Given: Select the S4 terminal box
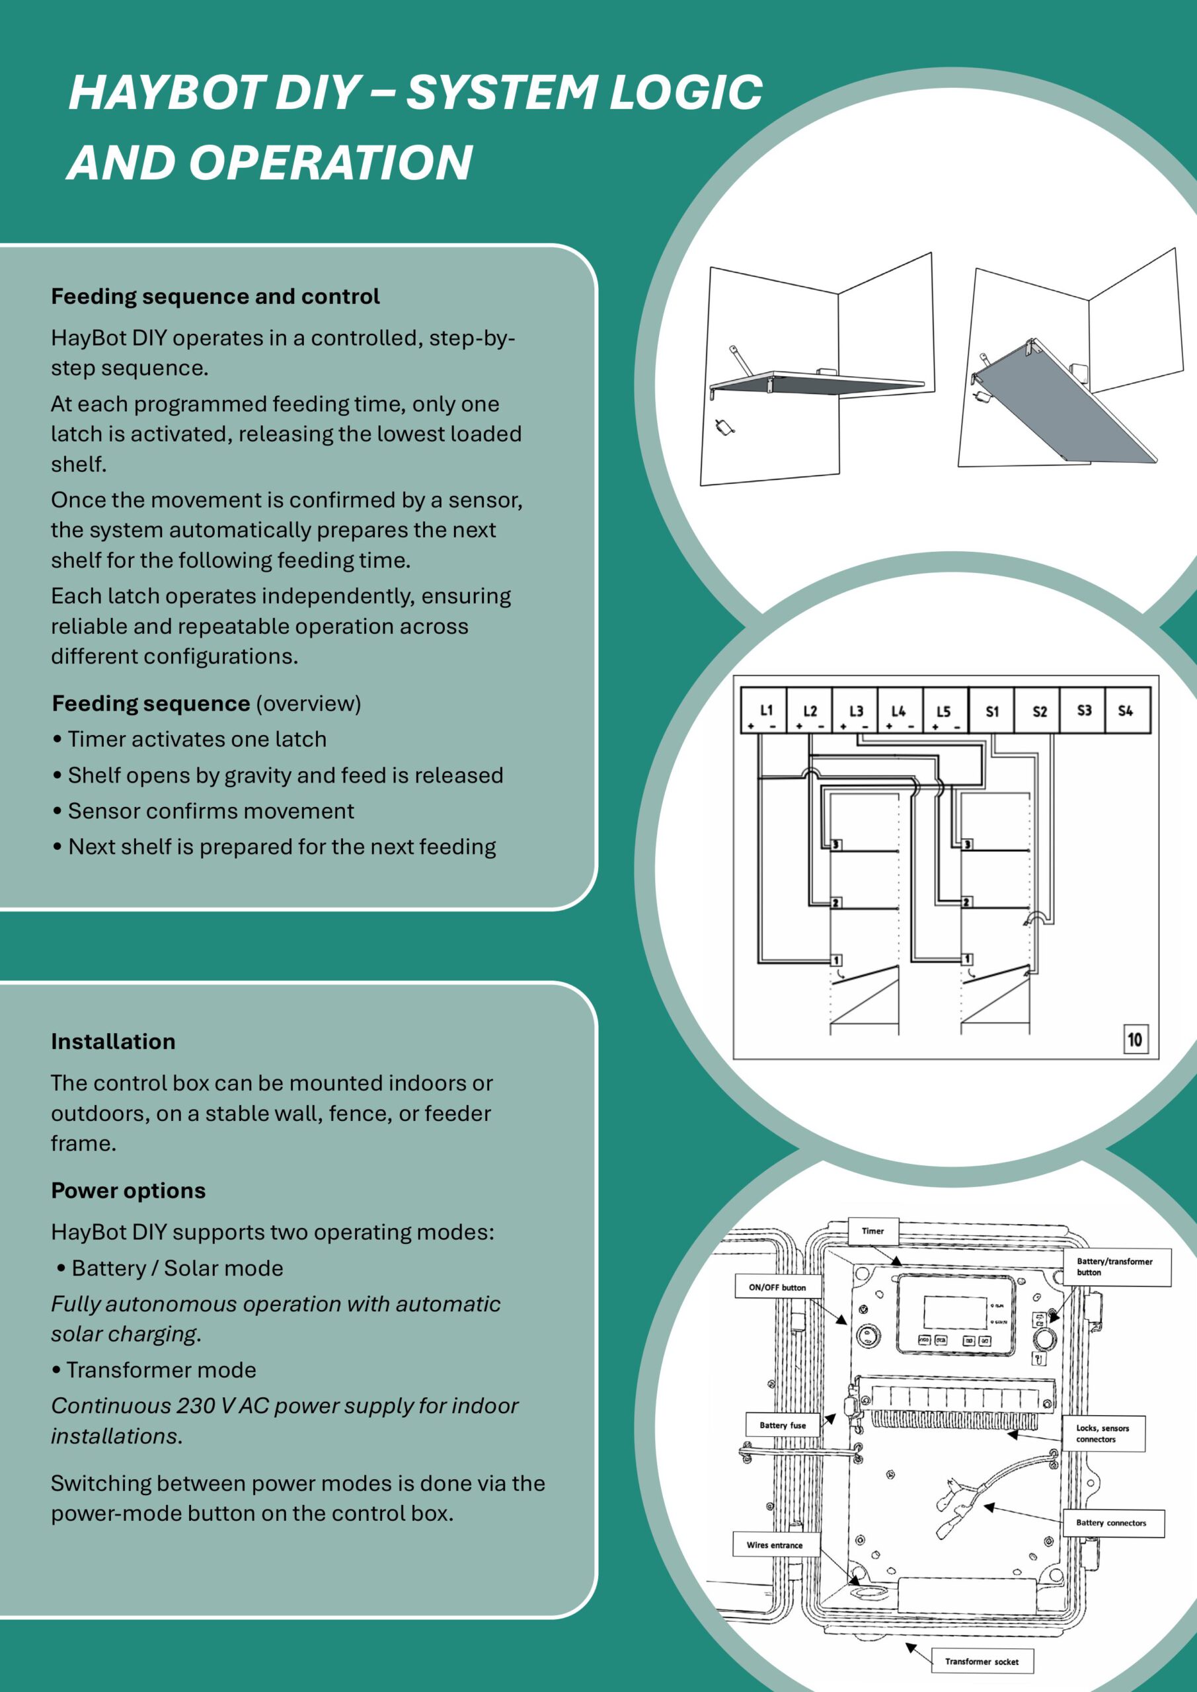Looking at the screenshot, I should (1126, 711).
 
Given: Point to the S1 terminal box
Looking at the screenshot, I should (992, 711).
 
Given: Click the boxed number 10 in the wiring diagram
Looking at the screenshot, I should (1134, 1039).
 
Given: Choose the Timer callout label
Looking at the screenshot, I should (872, 1231).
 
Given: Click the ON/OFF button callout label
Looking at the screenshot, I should (777, 1288).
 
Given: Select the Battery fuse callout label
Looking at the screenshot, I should (782, 1425).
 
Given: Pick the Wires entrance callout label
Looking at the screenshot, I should (775, 1545).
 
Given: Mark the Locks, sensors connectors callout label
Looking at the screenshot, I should (1102, 1434).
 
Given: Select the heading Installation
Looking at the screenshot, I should (113, 1041).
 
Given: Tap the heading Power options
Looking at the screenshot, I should (128, 1191).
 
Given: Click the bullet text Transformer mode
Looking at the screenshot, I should (161, 1369).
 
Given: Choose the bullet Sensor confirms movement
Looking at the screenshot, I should (211, 810).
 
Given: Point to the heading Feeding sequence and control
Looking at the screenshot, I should (215, 296).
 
